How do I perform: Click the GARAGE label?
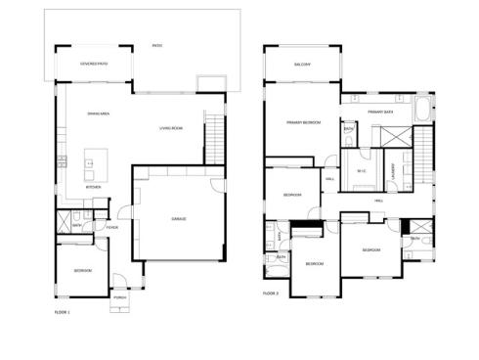click(x=180, y=218)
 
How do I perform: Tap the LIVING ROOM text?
click(x=171, y=128)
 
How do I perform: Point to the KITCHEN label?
click(x=93, y=186)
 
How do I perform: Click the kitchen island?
click(x=96, y=158)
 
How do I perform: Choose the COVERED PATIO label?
click(x=94, y=64)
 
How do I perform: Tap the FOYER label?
click(x=113, y=227)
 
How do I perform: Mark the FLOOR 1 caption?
click(x=63, y=311)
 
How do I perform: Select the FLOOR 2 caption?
click(x=271, y=292)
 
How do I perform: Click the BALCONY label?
click(x=302, y=65)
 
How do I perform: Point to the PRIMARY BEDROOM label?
click(x=304, y=122)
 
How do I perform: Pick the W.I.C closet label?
click(x=360, y=171)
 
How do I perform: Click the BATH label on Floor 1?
click(x=76, y=224)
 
